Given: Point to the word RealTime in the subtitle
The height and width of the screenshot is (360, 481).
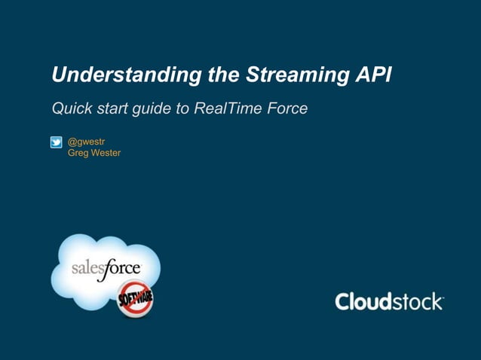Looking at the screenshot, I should [x=226, y=109].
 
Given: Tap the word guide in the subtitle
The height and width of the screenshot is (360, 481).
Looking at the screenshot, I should [x=152, y=110].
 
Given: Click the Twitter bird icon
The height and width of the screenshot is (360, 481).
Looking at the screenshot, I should [x=57, y=142].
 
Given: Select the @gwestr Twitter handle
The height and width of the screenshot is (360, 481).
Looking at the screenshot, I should [x=87, y=141].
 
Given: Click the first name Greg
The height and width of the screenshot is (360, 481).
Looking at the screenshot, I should [x=78, y=153].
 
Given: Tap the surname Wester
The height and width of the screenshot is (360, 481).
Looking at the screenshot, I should [x=106, y=153].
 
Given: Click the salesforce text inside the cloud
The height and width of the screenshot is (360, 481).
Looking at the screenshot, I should [x=105, y=270].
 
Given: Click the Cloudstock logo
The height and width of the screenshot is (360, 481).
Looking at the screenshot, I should [x=389, y=302].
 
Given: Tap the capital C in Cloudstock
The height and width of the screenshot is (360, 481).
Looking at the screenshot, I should [x=344, y=302].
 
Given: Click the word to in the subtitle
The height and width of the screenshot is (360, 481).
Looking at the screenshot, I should [x=182, y=109].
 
